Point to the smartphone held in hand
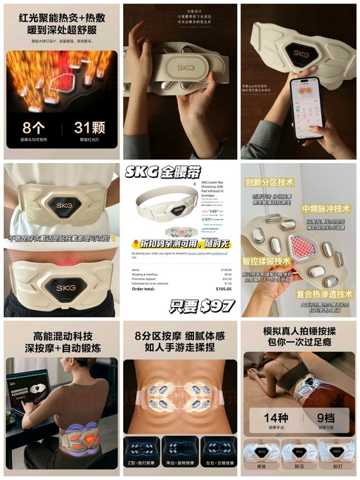point(307,105)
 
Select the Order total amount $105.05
point(222,287)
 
